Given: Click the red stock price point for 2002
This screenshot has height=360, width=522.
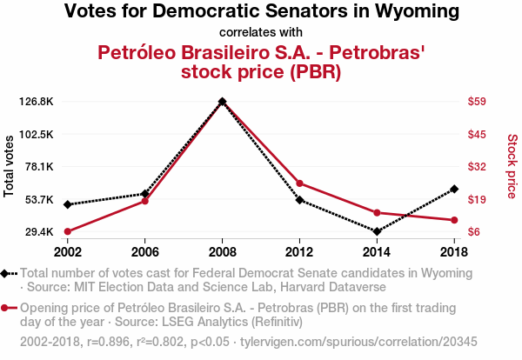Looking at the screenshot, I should (x=68, y=231).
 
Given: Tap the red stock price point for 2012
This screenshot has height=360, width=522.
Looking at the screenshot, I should (x=299, y=183).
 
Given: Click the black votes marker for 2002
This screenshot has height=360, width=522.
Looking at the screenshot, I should (x=68, y=204).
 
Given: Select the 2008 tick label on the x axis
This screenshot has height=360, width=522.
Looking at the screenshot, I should (x=223, y=251).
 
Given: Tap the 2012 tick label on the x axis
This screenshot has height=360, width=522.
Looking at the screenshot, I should (x=299, y=251).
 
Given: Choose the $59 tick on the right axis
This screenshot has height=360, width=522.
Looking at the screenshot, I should (x=476, y=102).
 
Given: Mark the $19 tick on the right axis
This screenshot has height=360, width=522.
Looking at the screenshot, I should (x=476, y=200).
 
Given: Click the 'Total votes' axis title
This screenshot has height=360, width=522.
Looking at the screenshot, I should (x=10, y=166).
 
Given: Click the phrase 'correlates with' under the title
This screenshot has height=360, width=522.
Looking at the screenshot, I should (x=261, y=33).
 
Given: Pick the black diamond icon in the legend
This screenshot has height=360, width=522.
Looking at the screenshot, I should (x=7, y=273).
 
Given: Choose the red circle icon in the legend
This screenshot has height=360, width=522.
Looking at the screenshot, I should (x=7, y=308).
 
